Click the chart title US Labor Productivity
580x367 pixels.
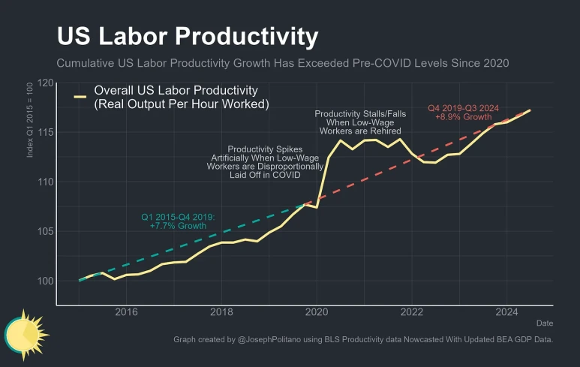click(188, 36)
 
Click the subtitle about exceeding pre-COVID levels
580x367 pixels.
click(283, 63)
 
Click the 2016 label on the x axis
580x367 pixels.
click(126, 312)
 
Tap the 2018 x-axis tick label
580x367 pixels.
click(221, 312)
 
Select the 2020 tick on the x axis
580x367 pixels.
click(317, 312)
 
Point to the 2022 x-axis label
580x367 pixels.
click(412, 312)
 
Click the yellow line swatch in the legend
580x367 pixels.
click(80, 97)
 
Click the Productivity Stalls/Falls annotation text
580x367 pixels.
click(360, 122)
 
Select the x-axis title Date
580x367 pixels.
click(544, 323)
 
